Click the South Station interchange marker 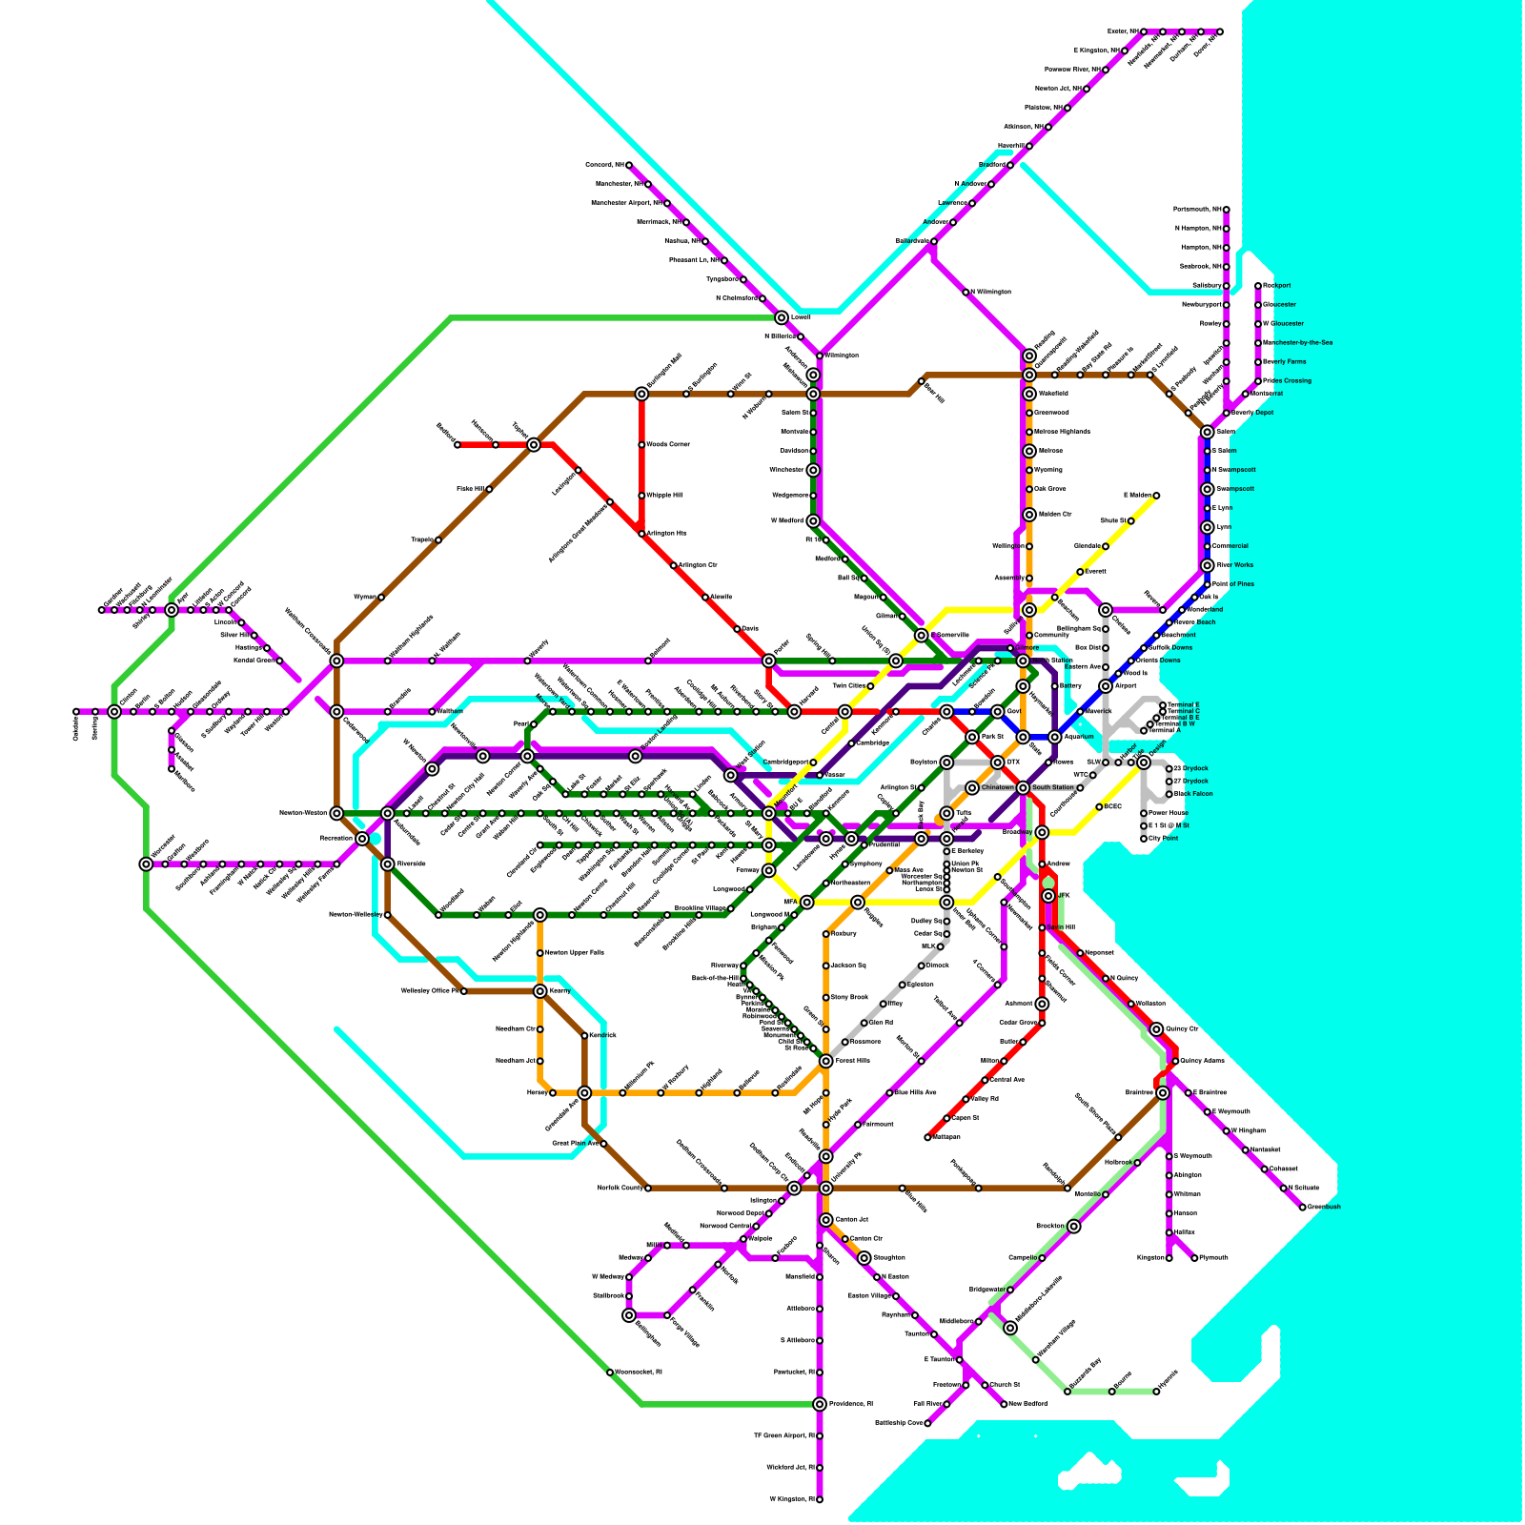point(1023,787)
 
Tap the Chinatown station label point(997,787)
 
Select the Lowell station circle point(782,317)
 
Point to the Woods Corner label point(668,444)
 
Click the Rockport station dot point(1258,286)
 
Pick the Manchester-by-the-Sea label point(1298,342)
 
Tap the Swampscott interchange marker point(1208,489)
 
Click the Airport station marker point(1106,686)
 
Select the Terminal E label point(1184,705)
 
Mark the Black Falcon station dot point(1169,794)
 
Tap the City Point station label point(1164,839)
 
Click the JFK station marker point(1048,896)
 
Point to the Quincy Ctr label point(1182,1029)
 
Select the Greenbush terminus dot point(1303,1208)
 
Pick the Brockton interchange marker point(1074,1227)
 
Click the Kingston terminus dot point(1169,1258)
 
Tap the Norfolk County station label point(620,1189)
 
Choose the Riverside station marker point(388,864)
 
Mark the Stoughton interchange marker point(864,1258)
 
